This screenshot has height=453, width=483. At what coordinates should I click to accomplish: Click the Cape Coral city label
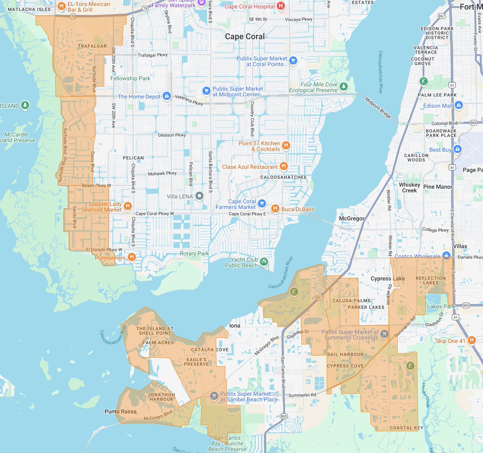[245, 37]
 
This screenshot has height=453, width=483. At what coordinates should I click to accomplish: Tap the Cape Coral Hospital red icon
[281, 6]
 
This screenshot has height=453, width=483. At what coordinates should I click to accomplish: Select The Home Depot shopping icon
[167, 96]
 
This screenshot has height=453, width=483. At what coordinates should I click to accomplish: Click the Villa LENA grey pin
[199, 196]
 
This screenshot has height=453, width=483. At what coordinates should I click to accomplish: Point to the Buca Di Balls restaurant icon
[275, 209]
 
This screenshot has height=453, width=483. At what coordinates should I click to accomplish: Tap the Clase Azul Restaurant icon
[284, 166]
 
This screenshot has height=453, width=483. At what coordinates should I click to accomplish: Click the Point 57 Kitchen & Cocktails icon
[286, 145]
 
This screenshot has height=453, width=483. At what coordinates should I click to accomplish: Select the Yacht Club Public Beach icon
[264, 262]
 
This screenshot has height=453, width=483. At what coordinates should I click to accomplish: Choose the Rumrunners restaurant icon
[132, 257]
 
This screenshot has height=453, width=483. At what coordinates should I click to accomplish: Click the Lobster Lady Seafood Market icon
[128, 206]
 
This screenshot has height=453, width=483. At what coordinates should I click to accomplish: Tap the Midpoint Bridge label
[378, 108]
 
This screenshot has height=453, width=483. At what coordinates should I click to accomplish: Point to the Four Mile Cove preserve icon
[343, 86]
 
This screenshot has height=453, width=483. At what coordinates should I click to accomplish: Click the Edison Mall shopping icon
[458, 105]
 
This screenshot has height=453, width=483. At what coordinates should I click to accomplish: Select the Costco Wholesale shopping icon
[446, 256]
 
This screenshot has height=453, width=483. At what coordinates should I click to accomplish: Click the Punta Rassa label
[120, 412]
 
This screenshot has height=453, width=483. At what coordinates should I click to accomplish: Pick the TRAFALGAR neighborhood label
[92, 46]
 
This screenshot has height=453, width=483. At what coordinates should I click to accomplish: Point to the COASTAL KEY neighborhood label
[406, 428]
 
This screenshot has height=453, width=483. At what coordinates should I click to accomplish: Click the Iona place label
[235, 325]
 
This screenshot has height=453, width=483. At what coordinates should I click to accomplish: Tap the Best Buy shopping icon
[457, 149]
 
